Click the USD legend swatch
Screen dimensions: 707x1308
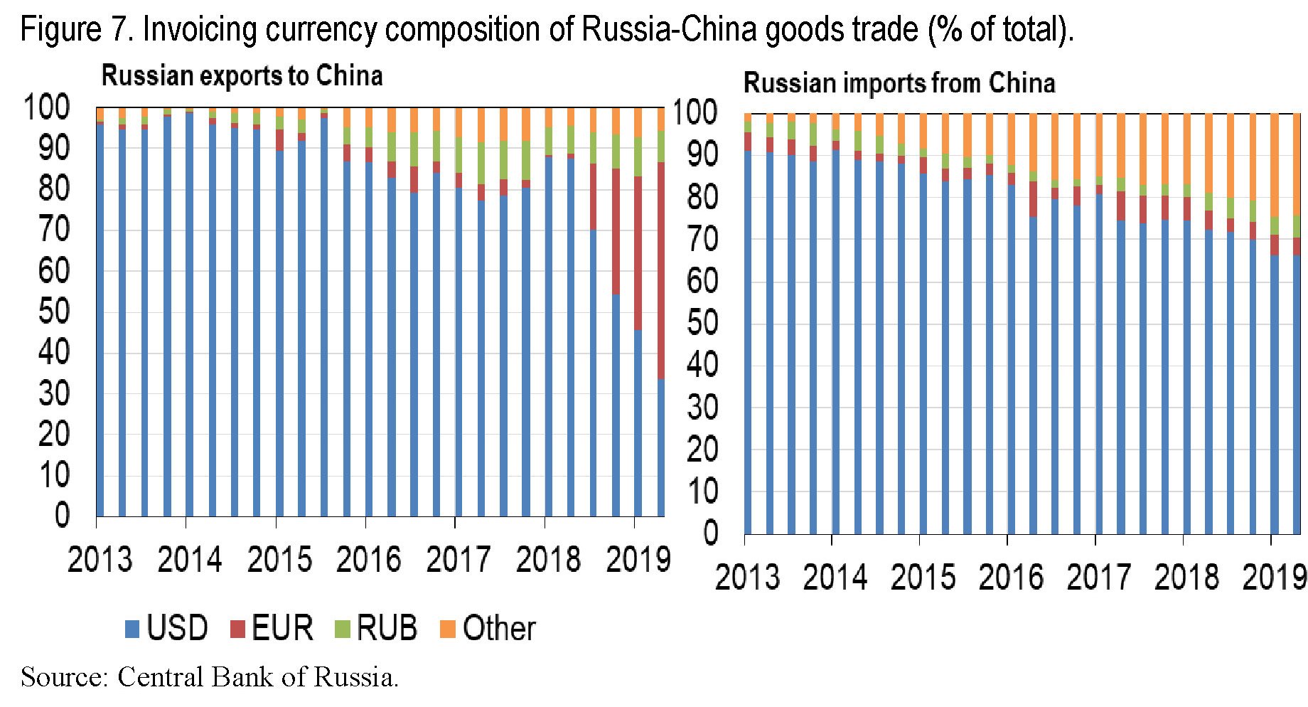coord(132,629)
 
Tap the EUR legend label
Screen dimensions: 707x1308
coord(282,629)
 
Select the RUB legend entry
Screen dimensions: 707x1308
coord(386,629)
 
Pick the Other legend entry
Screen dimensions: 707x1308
coord(498,629)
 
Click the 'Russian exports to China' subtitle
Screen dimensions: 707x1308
coord(242,75)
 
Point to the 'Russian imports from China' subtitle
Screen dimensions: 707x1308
coord(899,83)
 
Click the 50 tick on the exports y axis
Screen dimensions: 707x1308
coord(54,312)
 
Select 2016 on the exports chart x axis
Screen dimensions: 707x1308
coord(368,560)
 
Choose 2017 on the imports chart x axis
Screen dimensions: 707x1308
coord(1098,577)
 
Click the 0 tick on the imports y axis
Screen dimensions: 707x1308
coord(710,533)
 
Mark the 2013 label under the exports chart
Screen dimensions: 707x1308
coord(100,560)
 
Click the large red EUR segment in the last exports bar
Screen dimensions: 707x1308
coord(660,270)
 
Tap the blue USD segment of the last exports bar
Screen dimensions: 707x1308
coord(660,448)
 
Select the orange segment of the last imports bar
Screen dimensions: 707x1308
coord(1296,164)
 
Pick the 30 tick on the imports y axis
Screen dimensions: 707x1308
coord(703,408)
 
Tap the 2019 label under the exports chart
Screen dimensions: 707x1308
coord(638,560)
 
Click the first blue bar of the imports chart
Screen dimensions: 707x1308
coord(748,341)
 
